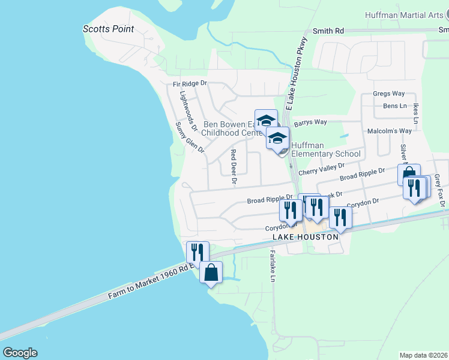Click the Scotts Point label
108,29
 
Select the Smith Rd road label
328,31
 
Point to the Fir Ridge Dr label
190,84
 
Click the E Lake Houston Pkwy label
296,73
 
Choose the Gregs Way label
389,94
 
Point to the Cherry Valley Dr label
321,169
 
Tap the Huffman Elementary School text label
326,149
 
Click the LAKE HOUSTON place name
306,237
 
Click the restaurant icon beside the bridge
197,253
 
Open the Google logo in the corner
20,353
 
